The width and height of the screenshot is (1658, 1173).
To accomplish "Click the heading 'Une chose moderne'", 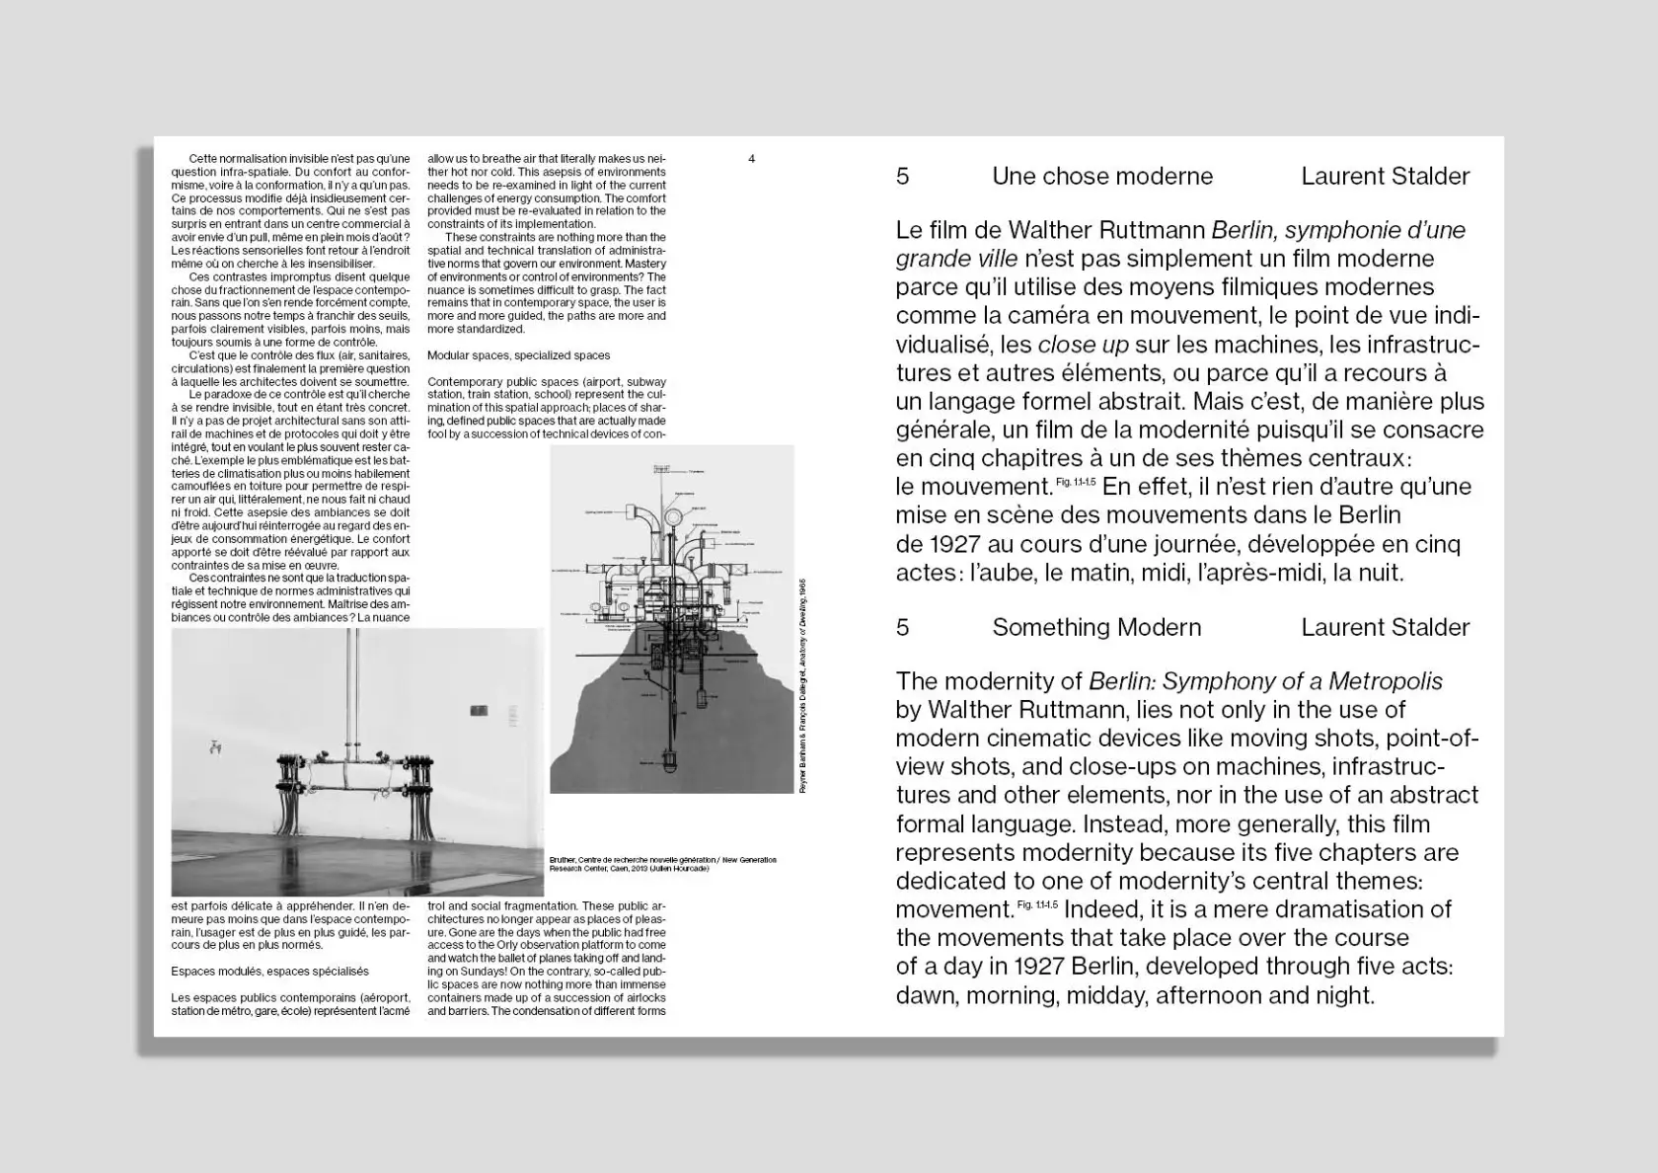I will (x=1101, y=177).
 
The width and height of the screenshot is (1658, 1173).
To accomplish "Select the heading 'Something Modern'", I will (x=1095, y=628).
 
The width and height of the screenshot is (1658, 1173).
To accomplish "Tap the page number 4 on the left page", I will (x=752, y=159).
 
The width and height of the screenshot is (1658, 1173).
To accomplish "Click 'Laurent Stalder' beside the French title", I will (x=1385, y=177).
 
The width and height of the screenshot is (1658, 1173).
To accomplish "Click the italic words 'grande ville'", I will (x=955, y=259).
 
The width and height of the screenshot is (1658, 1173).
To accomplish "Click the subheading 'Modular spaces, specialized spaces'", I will (x=518, y=355).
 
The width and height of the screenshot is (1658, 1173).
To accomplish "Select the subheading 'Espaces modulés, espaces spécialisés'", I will (x=269, y=972).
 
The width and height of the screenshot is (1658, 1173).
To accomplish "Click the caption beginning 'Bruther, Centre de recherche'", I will (x=662, y=864).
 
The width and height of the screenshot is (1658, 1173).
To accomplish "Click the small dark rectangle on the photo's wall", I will (x=480, y=709).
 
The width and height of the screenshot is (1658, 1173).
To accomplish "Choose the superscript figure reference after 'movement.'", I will (x=1036, y=904).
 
